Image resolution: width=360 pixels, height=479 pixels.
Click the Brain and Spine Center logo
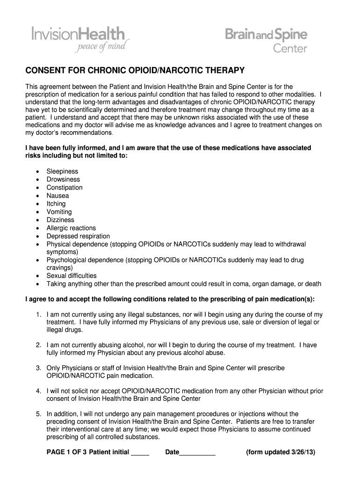point(266,40)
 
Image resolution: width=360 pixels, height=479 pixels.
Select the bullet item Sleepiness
point(62,172)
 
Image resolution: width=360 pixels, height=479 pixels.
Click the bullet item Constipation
point(65,188)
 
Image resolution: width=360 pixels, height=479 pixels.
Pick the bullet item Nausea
point(58,196)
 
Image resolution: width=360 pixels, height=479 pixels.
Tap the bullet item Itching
point(56,204)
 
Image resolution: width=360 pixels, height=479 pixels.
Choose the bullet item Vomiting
point(59,212)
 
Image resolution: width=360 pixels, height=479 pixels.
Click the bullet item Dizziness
point(60,220)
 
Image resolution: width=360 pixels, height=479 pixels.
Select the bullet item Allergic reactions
point(71,228)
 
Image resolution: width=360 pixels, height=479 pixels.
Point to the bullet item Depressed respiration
point(78,236)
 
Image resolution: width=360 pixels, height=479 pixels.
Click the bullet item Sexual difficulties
point(72,276)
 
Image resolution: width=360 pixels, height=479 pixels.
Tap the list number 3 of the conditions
point(38,368)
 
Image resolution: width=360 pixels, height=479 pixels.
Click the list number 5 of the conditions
point(38,414)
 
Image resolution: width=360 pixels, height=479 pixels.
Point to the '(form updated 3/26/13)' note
point(281,452)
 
